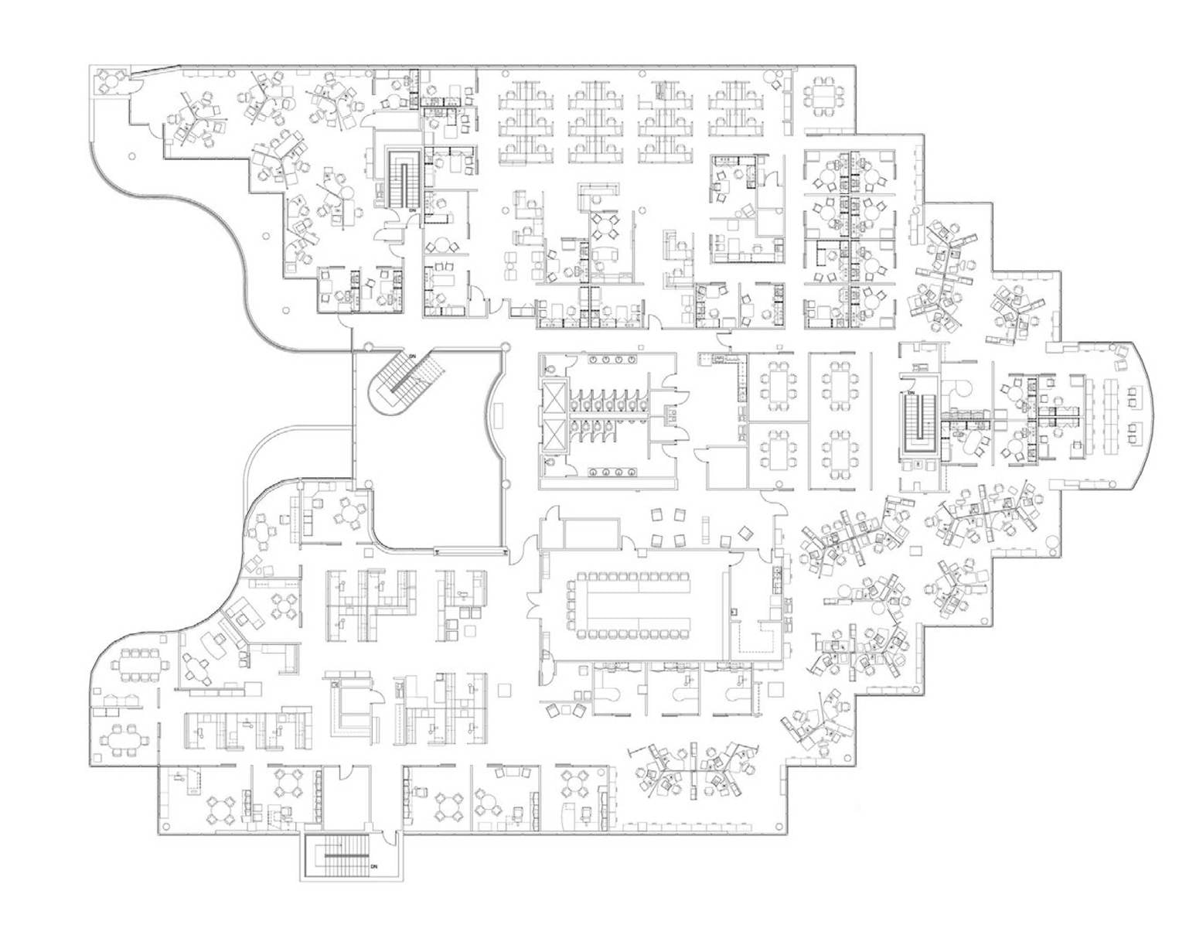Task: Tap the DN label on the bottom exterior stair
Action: coord(373,866)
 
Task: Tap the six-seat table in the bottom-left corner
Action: coord(126,740)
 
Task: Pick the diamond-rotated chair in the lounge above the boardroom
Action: coord(745,533)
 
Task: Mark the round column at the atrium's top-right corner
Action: coord(506,348)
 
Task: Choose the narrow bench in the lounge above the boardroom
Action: coord(705,531)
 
